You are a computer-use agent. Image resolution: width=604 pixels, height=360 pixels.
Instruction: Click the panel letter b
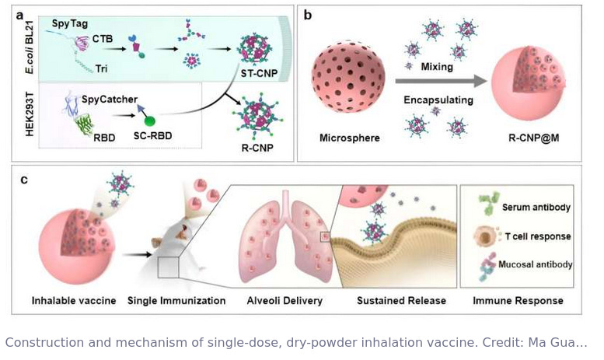[309, 14]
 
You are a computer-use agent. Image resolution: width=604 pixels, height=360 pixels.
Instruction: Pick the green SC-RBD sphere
[149, 122]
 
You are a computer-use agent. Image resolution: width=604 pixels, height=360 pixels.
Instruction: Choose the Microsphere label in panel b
[344, 138]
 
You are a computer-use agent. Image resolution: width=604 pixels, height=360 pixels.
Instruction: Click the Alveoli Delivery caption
[282, 300]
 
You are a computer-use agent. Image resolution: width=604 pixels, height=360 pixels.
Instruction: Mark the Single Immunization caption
[176, 300]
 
